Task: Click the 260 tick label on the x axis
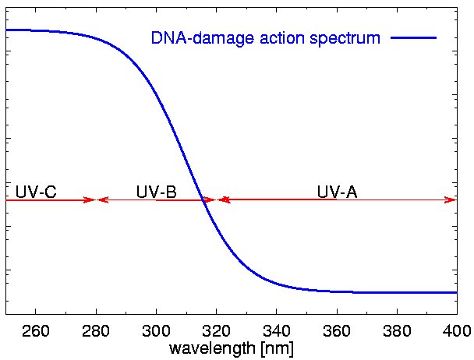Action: point(36,330)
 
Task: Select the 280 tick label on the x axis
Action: point(96,330)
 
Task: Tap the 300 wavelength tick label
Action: point(156,330)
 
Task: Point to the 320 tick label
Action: point(216,330)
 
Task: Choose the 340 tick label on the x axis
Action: point(276,330)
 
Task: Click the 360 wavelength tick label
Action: point(336,330)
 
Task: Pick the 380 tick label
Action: point(396,330)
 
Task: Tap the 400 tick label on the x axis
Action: point(455,330)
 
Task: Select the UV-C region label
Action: point(36,192)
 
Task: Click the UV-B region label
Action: point(156,192)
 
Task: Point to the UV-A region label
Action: point(337,192)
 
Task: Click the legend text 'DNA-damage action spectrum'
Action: point(265,37)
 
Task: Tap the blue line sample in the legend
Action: point(415,37)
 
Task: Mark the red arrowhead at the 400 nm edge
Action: point(451,200)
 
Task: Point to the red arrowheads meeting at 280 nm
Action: point(96,200)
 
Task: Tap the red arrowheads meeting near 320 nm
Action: point(217,200)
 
